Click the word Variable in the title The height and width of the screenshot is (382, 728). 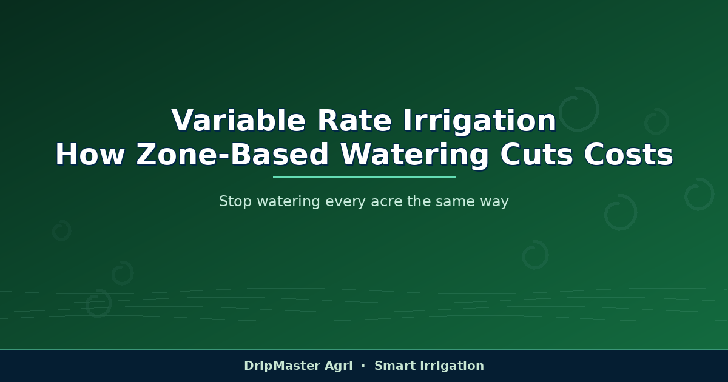(238, 121)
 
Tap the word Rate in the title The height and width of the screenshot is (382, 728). (354, 121)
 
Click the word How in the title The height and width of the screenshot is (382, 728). (90, 155)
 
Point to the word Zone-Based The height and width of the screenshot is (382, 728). (232, 155)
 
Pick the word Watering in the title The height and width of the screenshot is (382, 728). (414, 156)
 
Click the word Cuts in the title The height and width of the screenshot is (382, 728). (536, 155)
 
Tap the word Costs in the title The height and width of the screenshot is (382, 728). (629, 155)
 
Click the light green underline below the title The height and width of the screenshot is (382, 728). (364, 177)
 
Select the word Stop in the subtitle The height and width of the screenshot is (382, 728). (235, 201)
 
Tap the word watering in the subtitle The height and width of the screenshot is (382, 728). (289, 202)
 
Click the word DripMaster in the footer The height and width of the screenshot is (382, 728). (281, 366)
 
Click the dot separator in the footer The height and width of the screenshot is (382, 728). (363, 366)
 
